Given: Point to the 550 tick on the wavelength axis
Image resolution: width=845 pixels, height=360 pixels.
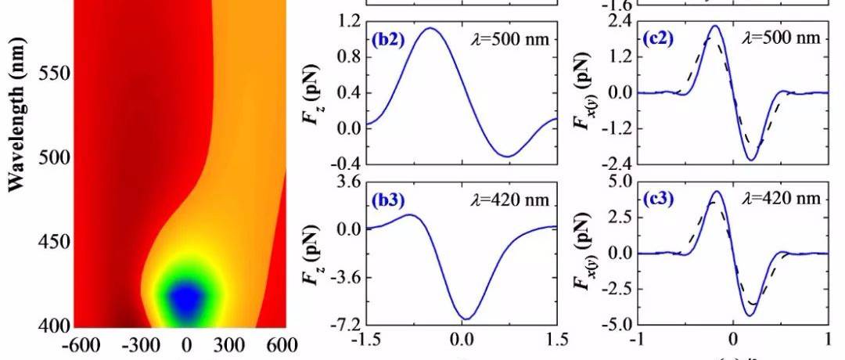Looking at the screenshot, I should pyautogui.click(x=52, y=74).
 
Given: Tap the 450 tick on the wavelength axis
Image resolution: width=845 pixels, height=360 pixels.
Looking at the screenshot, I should pyautogui.click(x=52, y=241).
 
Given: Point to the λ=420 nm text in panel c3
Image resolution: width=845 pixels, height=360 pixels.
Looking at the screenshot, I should pyautogui.click(x=785, y=199).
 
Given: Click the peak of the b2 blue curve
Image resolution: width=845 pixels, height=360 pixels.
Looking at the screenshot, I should pyautogui.click(x=430, y=28).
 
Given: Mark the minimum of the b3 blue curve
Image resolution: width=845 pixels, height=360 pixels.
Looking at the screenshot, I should pyautogui.click(x=466, y=319).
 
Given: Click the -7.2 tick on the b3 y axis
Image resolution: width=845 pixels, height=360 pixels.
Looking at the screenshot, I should pyautogui.click(x=341, y=324).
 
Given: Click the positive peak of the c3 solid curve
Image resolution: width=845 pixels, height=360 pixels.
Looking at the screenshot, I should pyautogui.click(x=717, y=191).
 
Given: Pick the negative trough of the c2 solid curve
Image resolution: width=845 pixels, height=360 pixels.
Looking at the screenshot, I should pyautogui.click(x=751, y=160).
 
